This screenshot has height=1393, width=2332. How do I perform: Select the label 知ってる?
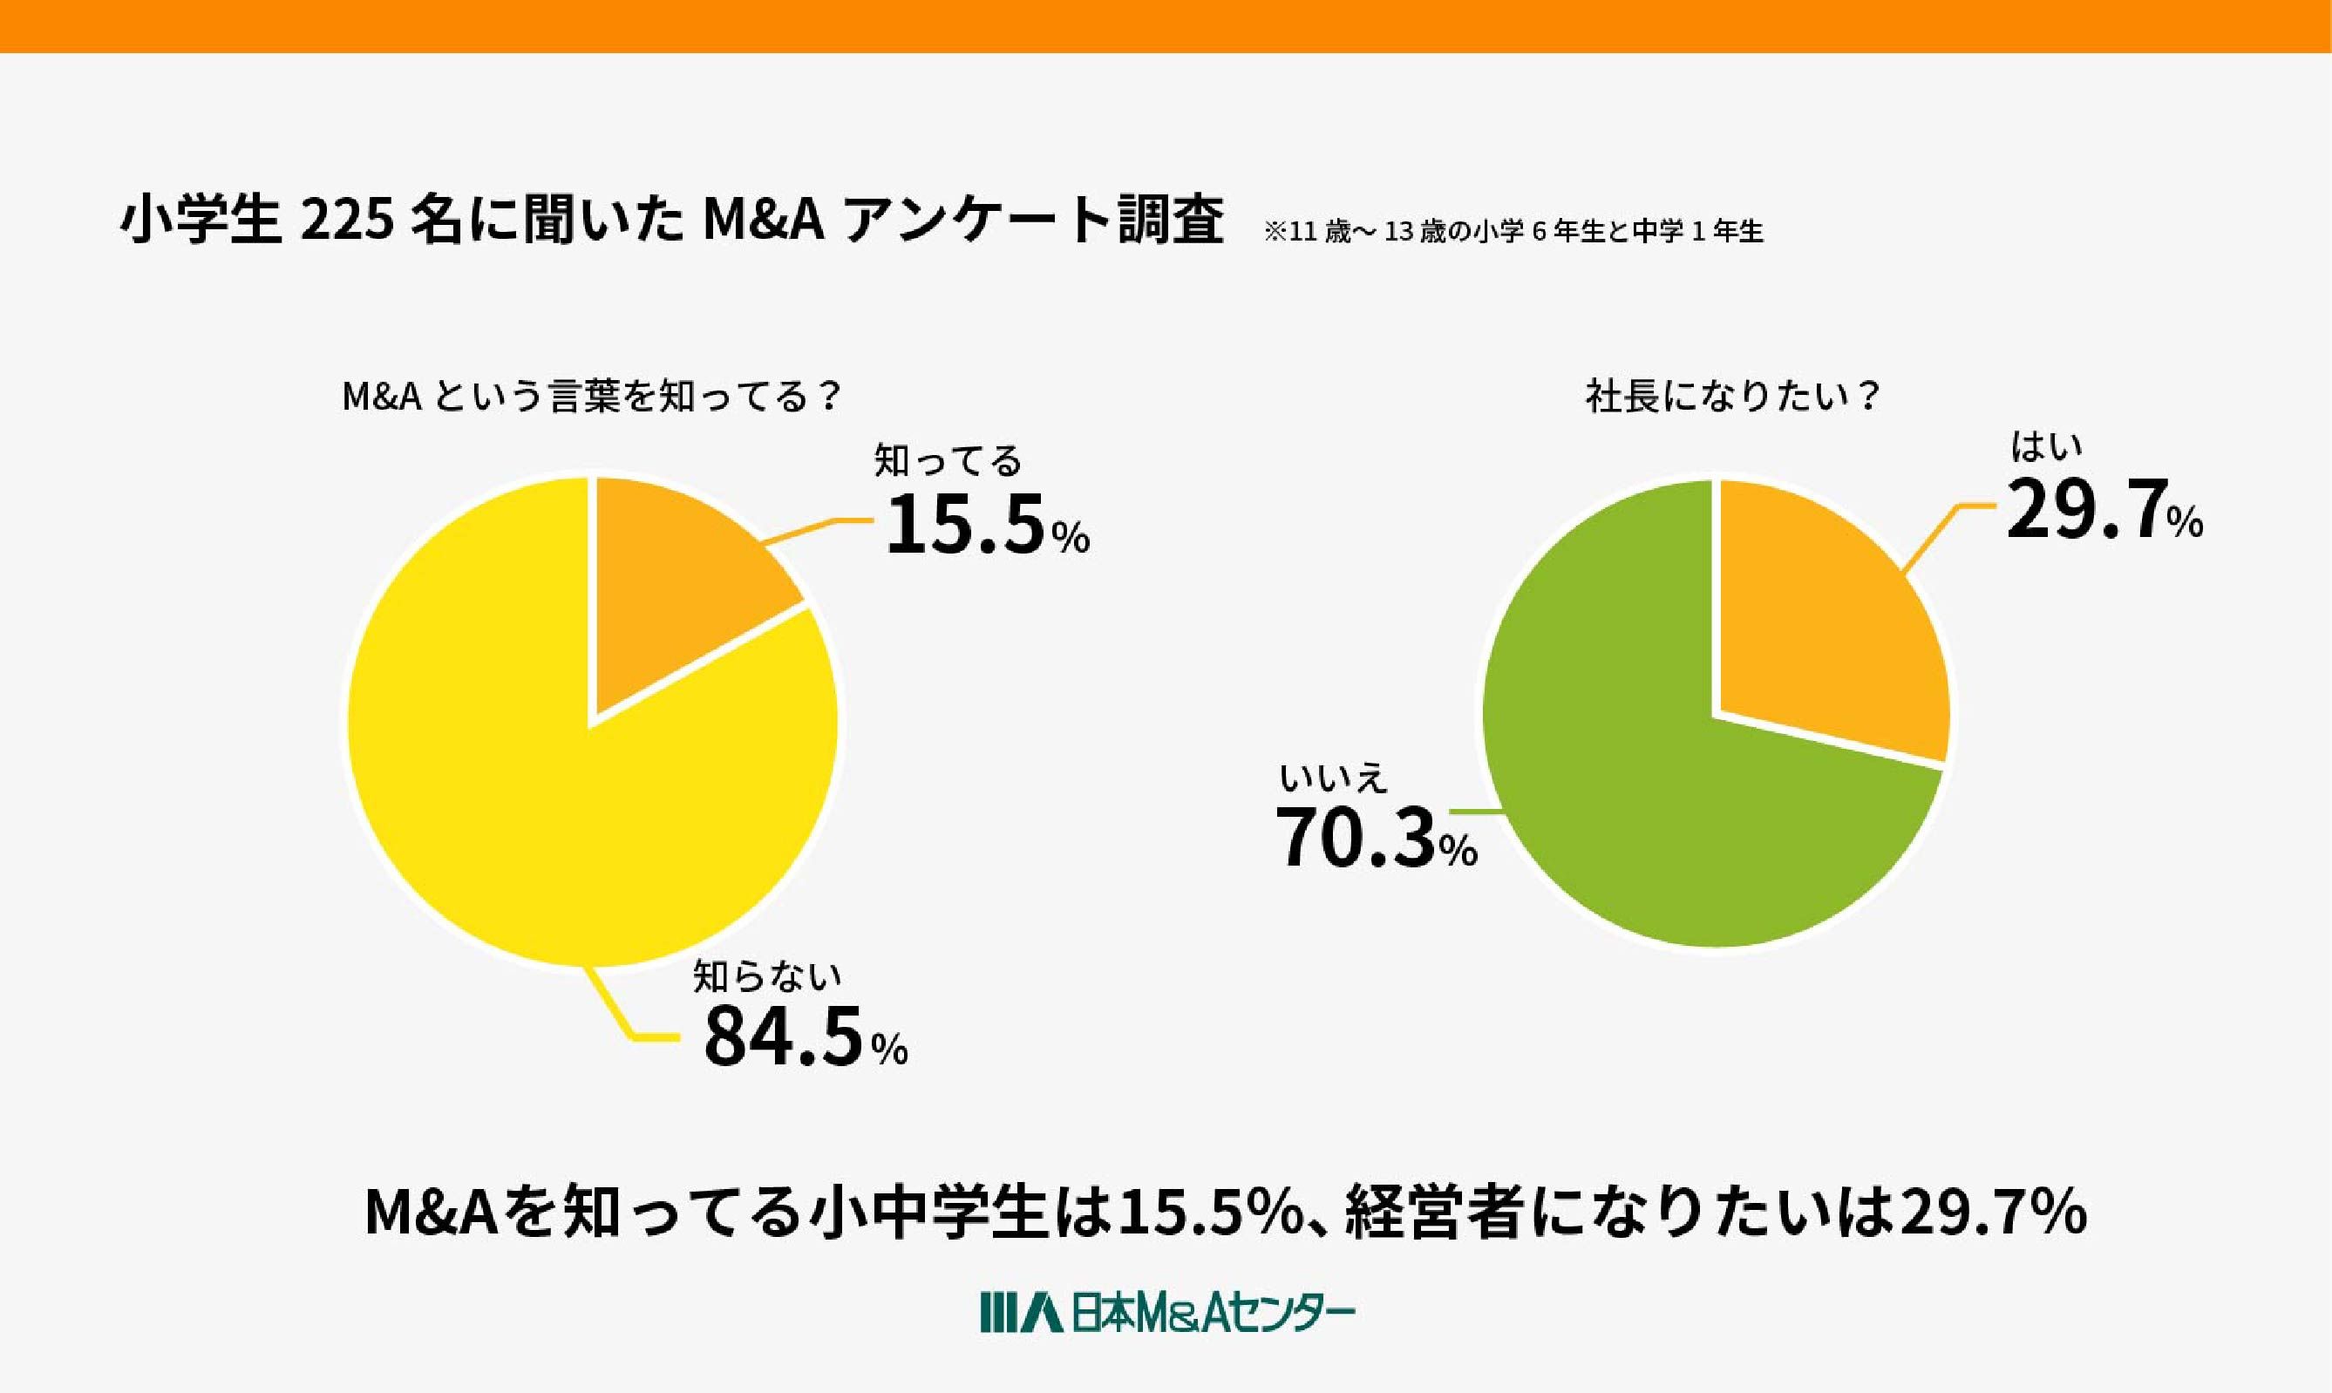(x=948, y=461)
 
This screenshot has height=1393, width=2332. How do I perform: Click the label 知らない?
(x=766, y=976)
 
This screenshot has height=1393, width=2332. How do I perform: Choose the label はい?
(x=2047, y=447)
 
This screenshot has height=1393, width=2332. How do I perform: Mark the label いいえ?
(x=1334, y=778)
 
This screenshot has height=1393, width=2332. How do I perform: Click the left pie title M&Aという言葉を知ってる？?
(x=590, y=397)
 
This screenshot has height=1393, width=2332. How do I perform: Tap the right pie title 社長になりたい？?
(x=1732, y=397)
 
